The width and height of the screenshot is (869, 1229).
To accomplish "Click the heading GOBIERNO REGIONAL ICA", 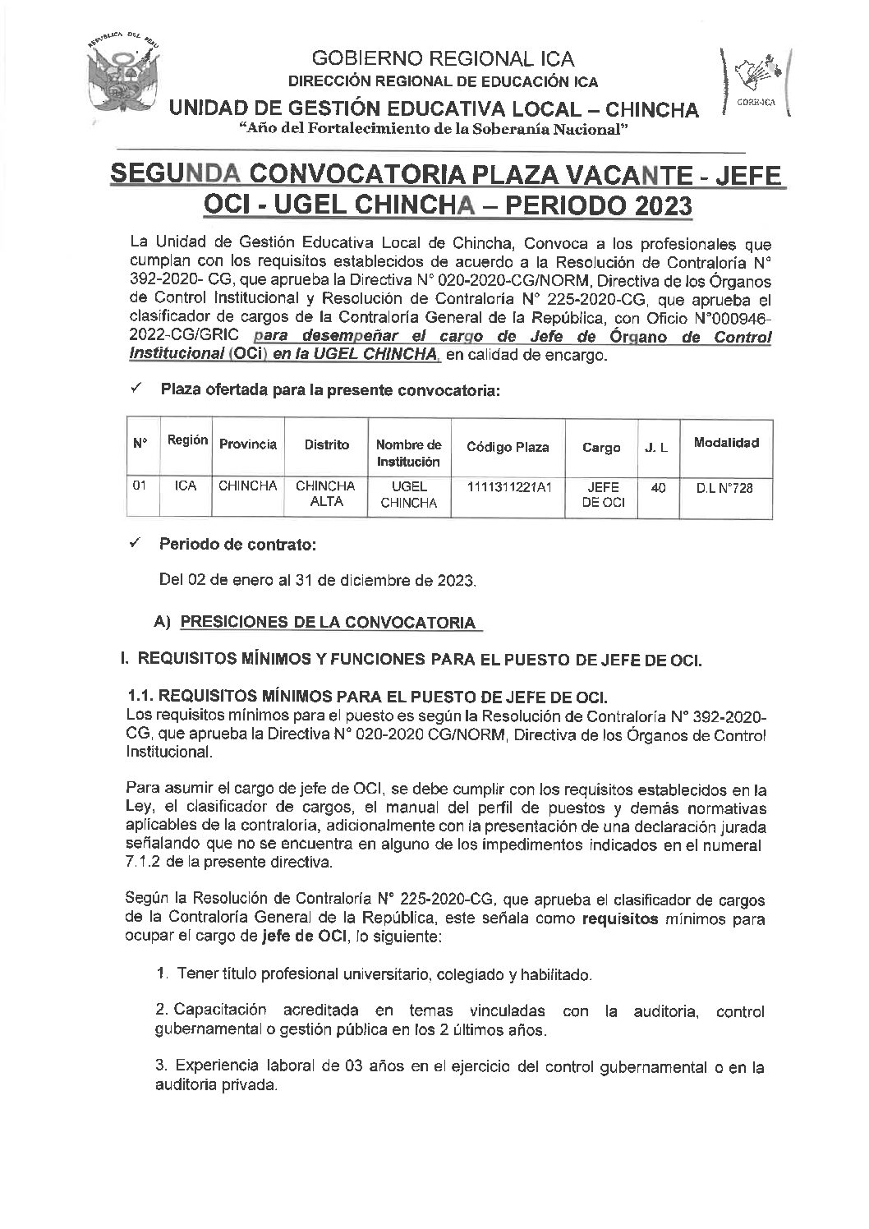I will [444, 58].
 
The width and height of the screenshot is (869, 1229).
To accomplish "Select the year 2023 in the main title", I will [658, 205].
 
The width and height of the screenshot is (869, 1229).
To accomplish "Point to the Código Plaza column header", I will [508, 448].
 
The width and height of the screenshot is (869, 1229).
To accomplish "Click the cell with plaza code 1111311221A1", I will [508, 487].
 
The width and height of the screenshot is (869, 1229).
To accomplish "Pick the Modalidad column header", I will [726, 443].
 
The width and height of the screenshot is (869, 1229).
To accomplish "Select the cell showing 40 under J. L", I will [657, 487].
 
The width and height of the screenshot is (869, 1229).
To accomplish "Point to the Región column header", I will [186, 440].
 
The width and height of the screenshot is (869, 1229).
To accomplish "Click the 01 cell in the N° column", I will [140, 486].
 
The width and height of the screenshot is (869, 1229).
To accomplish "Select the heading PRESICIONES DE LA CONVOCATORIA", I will [327, 622].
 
